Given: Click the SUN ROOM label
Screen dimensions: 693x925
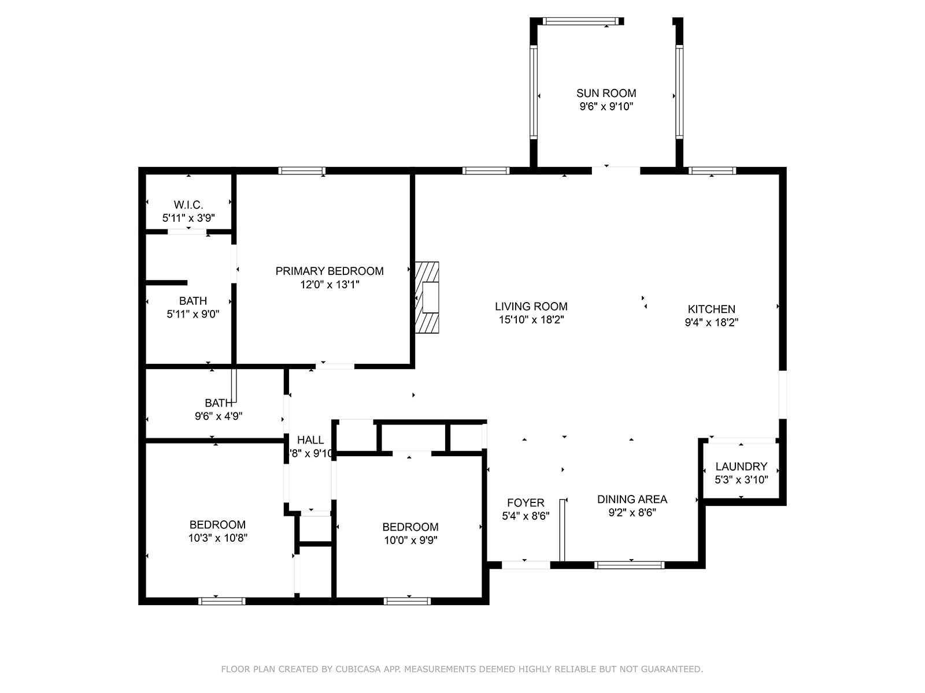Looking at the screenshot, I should pos(606,93).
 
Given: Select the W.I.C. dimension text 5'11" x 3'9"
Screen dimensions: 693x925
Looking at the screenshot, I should pos(188,218).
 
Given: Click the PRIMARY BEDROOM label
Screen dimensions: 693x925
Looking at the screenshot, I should pos(330,271).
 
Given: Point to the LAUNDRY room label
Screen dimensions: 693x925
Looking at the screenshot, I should pos(741,466).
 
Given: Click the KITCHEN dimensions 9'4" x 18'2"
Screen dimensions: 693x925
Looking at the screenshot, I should pos(711,322).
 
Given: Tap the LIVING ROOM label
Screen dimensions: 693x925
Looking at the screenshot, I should pos(531,306).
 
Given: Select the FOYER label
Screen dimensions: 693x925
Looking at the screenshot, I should pos(526,502).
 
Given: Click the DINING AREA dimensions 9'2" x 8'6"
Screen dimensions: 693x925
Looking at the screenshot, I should pos(632,513).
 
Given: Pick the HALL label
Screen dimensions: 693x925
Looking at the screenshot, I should pos(310,440).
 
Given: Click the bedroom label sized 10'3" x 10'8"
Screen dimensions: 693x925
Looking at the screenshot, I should pos(217,524).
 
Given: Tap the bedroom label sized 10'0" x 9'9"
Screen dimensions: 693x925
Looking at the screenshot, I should pos(410,527).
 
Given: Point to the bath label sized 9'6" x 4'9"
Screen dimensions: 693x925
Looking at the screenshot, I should pos(219,403).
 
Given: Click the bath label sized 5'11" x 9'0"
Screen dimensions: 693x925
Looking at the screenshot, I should pos(193,301).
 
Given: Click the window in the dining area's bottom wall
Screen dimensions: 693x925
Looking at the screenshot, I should pos(630,565).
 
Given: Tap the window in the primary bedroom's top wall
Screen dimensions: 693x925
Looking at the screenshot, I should pos(301,170).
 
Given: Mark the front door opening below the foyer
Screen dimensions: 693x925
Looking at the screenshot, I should pos(525,565).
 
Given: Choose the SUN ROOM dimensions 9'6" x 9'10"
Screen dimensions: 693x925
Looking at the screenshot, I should pos(606,106).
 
